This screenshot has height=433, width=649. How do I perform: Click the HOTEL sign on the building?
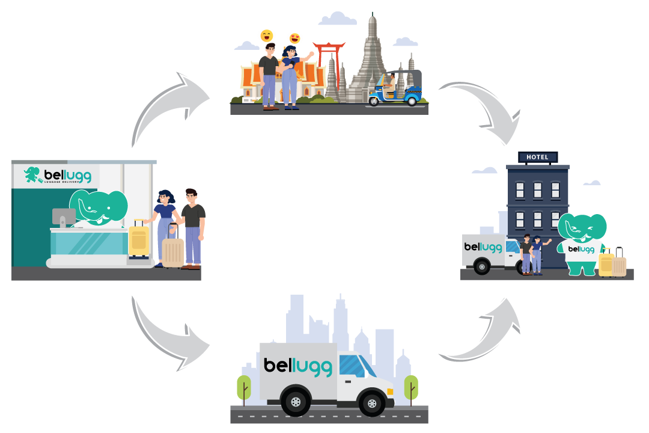click(x=537, y=157)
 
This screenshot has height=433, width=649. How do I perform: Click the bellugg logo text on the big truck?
click(x=297, y=366)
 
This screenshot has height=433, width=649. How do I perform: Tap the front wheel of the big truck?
click(x=371, y=401)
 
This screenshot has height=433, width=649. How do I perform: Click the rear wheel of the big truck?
click(x=296, y=401)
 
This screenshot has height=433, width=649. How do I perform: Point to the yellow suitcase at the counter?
click(x=139, y=239)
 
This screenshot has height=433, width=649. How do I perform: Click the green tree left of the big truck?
click(x=244, y=388)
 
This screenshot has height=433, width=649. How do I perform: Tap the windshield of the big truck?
click(x=355, y=366)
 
